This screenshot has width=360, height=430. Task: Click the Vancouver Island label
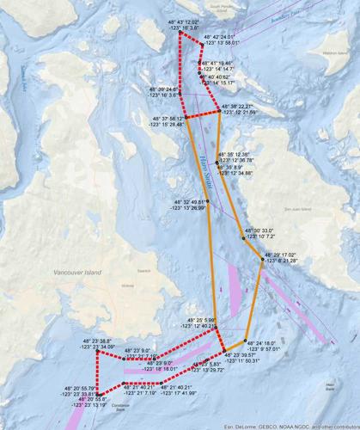pyautogui.click(x=76, y=272)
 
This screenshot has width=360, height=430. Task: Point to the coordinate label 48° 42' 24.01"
pyautogui.click(x=217, y=39)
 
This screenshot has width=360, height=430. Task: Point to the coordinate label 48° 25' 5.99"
pyautogui.click(x=198, y=322)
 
